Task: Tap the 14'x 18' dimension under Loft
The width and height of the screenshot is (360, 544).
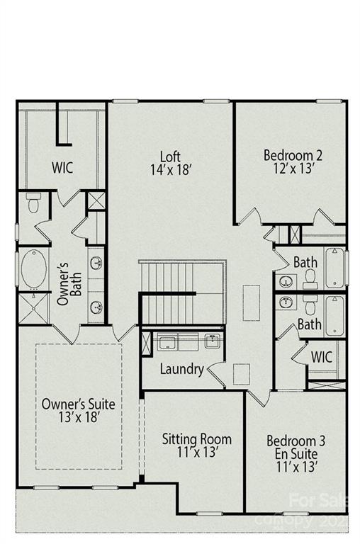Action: pyautogui.click(x=170, y=170)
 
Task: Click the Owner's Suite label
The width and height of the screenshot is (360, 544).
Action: pyautogui.click(x=78, y=404)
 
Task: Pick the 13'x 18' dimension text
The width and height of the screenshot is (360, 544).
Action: pyautogui.click(x=78, y=417)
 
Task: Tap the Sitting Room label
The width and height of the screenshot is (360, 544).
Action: pyautogui.click(x=196, y=439)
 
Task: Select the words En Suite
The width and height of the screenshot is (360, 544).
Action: pyautogui.click(x=298, y=453)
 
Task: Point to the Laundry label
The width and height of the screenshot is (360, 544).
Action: pyautogui.click(x=182, y=369)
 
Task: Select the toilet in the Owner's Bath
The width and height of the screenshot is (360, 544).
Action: pyautogui.click(x=32, y=203)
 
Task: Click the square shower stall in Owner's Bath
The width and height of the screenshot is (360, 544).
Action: pyautogui.click(x=31, y=310)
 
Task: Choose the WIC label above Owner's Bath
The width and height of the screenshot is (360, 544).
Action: pyautogui.click(x=64, y=169)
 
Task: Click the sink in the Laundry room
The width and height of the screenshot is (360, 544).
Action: pyautogui.click(x=212, y=342)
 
